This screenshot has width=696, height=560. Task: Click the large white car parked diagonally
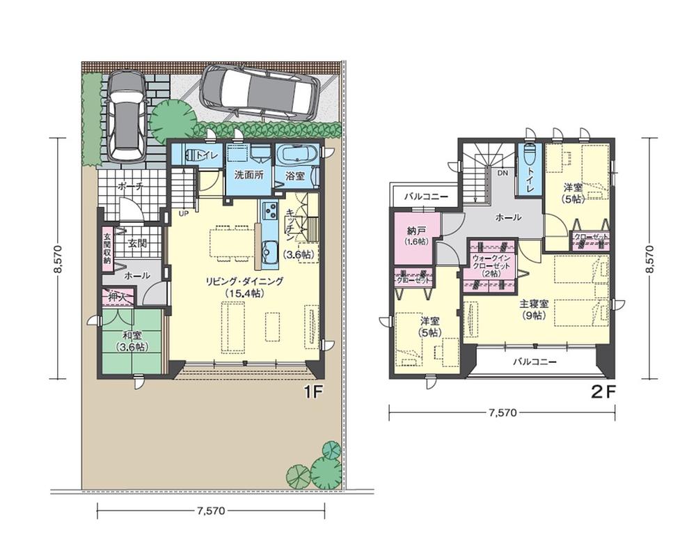coord(260,93)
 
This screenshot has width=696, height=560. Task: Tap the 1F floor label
coord(313,392)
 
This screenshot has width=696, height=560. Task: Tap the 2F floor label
coord(603,391)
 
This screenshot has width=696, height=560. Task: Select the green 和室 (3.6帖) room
coord(132,341)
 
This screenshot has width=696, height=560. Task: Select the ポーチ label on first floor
coord(132,187)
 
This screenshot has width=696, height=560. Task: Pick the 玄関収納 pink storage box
coord(107,247)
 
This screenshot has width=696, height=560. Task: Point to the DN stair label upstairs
coord(501,173)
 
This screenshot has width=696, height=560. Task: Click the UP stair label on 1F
coord(185,212)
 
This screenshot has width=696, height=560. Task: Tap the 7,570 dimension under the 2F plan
coord(502,413)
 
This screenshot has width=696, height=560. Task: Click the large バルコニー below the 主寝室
coord(534,362)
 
